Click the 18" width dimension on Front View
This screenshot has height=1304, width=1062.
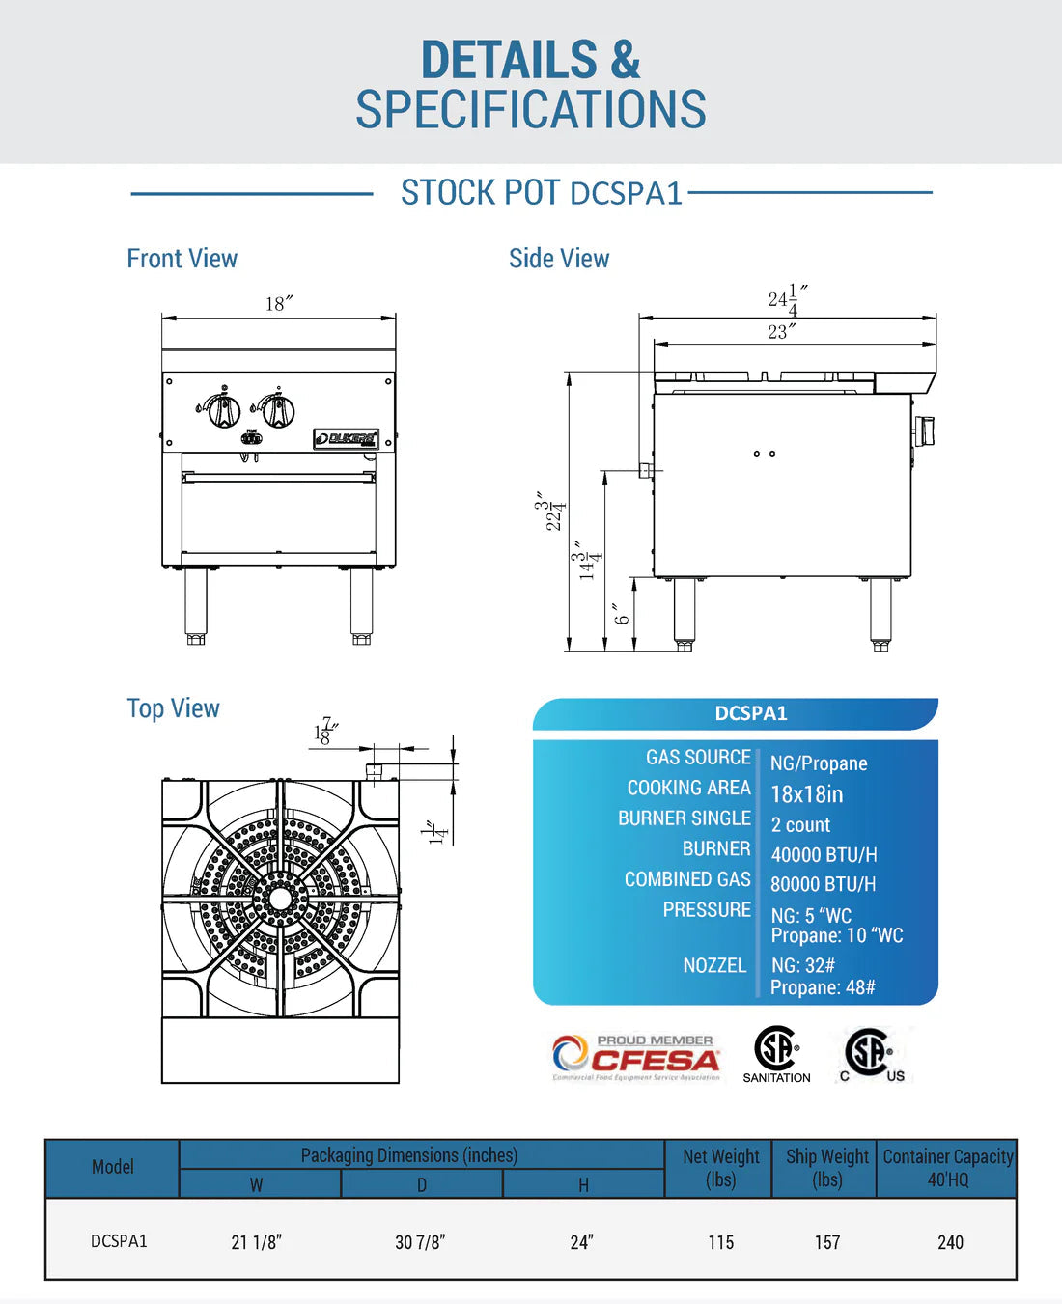[279, 304]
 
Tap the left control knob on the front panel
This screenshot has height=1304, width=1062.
[224, 410]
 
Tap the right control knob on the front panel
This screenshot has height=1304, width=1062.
[278, 410]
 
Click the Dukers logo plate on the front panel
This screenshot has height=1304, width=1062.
[346, 439]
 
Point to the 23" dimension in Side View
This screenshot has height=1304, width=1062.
[781, 332]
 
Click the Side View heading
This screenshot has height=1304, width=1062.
[559, 259]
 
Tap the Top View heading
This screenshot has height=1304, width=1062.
[174, 708]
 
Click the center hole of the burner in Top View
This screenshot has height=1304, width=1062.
[280, 899]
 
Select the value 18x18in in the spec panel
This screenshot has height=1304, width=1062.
[807, 794]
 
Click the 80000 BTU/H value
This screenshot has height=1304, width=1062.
[824, 884]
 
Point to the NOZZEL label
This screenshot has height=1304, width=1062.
[714, 965]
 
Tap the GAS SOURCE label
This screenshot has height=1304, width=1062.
[698, 757]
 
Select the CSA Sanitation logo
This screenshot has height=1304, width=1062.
[776, 1055]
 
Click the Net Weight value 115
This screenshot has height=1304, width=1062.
[720, 1242]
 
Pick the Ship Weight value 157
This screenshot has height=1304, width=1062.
[827, 1242]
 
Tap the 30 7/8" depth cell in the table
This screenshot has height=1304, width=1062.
[420, 1242]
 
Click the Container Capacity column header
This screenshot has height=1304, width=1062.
[948, 1168]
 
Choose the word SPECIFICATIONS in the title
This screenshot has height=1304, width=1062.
[531, 109]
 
